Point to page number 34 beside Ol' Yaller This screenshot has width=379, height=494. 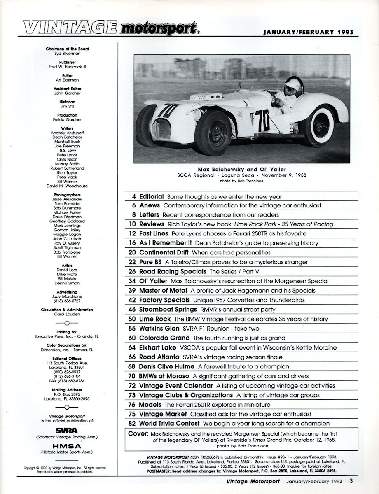point(131,281)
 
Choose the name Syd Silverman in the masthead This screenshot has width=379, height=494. point(67,54)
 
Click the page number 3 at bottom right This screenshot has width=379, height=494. point(351,481)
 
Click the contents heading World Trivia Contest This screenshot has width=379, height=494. point(169,423)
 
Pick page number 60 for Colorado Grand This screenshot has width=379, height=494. point(131,338)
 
